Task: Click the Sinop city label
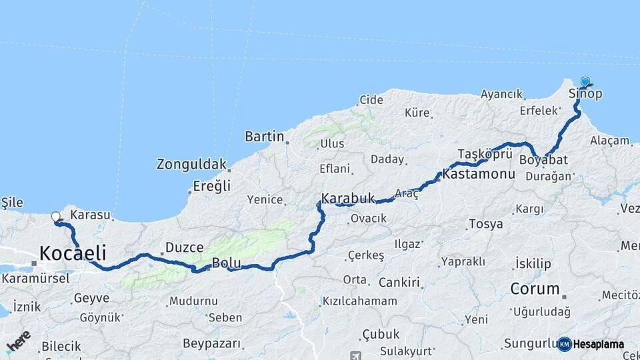pos(585,94)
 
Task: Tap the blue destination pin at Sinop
pos(585,82)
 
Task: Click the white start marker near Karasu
pos(55,216)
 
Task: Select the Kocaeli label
pos(73,253)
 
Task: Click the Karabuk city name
pos(349,199)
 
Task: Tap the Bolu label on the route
pos(226,263)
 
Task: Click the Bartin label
pos(265,137)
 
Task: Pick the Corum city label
pos(535,289)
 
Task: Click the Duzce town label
pos(184,247)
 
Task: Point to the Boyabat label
pos(543,160)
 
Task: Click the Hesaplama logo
pos(591,344)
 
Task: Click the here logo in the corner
pos(18,341)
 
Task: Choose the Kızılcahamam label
pos(359,301)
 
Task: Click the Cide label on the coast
pos(371,100)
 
